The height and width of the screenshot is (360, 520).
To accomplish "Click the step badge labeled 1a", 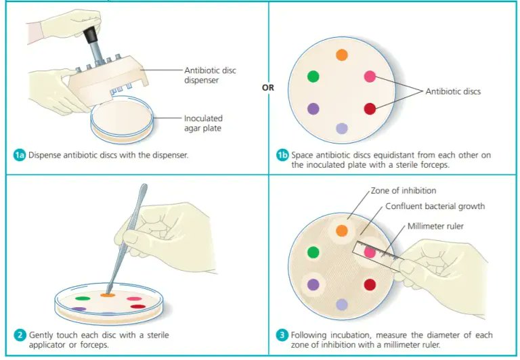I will coord(20,155).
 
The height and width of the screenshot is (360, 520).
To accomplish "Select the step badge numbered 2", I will coord(20,335).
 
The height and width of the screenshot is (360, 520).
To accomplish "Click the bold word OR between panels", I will coord(267,87).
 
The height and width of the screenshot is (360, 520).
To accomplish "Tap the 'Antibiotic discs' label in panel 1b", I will coord(452,91).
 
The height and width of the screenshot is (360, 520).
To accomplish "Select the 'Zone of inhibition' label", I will coord(404,191).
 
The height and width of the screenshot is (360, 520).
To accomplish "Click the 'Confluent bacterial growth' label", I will coord(435,206).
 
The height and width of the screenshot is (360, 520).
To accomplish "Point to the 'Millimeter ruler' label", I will coord(435,226).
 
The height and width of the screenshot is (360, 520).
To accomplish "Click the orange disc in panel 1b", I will coord(342,55).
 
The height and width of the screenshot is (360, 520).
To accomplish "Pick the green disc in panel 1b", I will coord(313,76).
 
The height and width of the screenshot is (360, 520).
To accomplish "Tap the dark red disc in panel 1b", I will coord(370,108).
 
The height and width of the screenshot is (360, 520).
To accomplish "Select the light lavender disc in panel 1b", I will coord(342,129).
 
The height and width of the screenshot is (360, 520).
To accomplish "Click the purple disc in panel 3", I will coord(313,285).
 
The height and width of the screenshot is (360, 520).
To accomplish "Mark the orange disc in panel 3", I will coord(342,231).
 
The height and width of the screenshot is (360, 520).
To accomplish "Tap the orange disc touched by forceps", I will coord(108,295).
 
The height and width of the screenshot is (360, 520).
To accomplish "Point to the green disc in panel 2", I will coord(83,298).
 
